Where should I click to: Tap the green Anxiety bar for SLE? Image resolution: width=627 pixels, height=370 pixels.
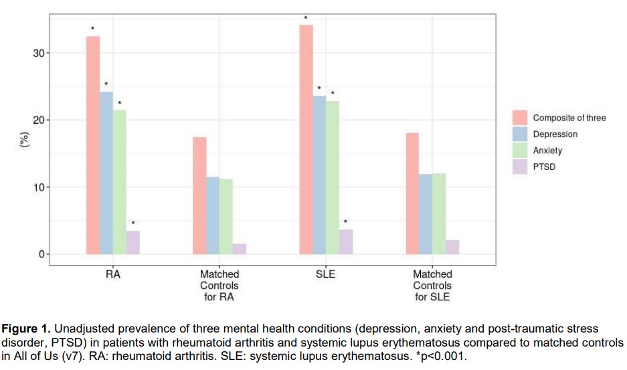(333, 177)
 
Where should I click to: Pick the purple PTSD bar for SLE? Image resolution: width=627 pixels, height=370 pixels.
(346, 242)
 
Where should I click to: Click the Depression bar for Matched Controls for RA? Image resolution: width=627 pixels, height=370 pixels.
(213, 215)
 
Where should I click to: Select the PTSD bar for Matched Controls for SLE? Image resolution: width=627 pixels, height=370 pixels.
(452, 247)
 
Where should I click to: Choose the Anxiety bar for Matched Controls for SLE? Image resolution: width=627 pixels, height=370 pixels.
(439, 213)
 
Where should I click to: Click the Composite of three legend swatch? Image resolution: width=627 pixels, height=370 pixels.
(520, 118)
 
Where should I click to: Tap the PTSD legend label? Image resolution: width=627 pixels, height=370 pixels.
(544, 167)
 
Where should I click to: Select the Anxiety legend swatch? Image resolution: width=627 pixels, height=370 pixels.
(520, 151)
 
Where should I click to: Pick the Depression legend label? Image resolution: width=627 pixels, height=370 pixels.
(555, 134)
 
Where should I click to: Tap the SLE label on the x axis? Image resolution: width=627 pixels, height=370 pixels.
(326, 274)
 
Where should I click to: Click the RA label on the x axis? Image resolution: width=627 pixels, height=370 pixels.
(112, 274)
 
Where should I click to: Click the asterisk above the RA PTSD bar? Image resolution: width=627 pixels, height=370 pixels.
(132, 223)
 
